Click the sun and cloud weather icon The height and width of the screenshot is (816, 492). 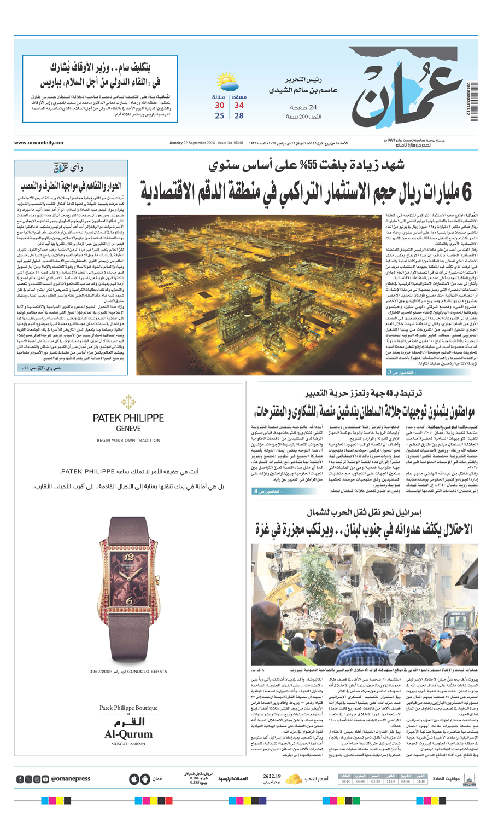pyautogui.click(x=227, y=83)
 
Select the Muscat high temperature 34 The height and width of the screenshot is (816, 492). pyautogui.click(x=239, y=105)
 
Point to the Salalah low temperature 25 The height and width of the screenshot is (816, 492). pyautogui.click(x=219, y=115)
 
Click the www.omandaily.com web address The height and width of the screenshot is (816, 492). pyautogui.click(x=39, y=143)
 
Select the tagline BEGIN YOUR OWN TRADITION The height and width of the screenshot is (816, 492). pyautogui.click(x=128, y=440)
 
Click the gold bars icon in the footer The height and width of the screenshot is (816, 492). pyautogui.click(x=294, y=778)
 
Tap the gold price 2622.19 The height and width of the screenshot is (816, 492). pyautogui.click(x=272, y=776)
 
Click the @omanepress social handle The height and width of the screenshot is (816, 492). pyautogui.click(x=71, y=779)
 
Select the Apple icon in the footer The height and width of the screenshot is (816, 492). pyautogui.click(x=133, y=779)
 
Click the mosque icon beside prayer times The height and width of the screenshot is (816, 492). pyautogui.click(x=469, y=779)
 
